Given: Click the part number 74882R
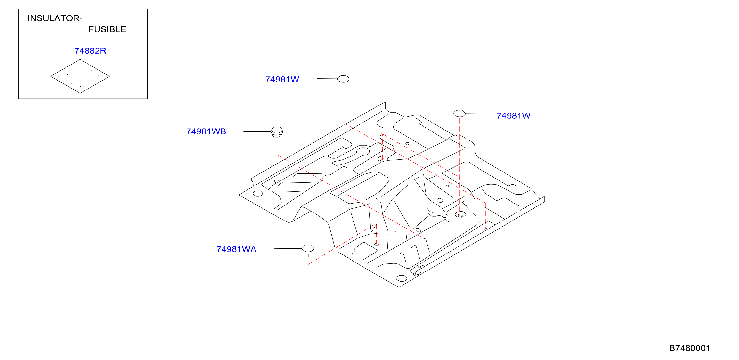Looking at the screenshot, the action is pyautogui.click(x=90, y=51).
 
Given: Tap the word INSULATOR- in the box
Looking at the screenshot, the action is pyautogui.click(x=55, y=18).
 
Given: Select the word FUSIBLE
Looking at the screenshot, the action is pyautogui.click(x=107, y=29).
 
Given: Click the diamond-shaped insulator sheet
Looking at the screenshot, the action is pyautogui.click(x=80, y=76).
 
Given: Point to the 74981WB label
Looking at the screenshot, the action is pyautogui.click(x=206, y=131).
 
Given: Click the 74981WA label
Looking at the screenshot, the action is pyautogui.click(x=236, y=249).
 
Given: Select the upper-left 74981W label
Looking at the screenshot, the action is pyautogui.click(x=282, y=80).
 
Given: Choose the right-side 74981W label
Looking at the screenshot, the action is pyautogui.click(x=514, y=116).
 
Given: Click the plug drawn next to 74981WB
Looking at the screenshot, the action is pyautogui.click(x=277, y=132).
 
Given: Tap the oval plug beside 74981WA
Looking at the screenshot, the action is pyautogui.click(x=308, y=248).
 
